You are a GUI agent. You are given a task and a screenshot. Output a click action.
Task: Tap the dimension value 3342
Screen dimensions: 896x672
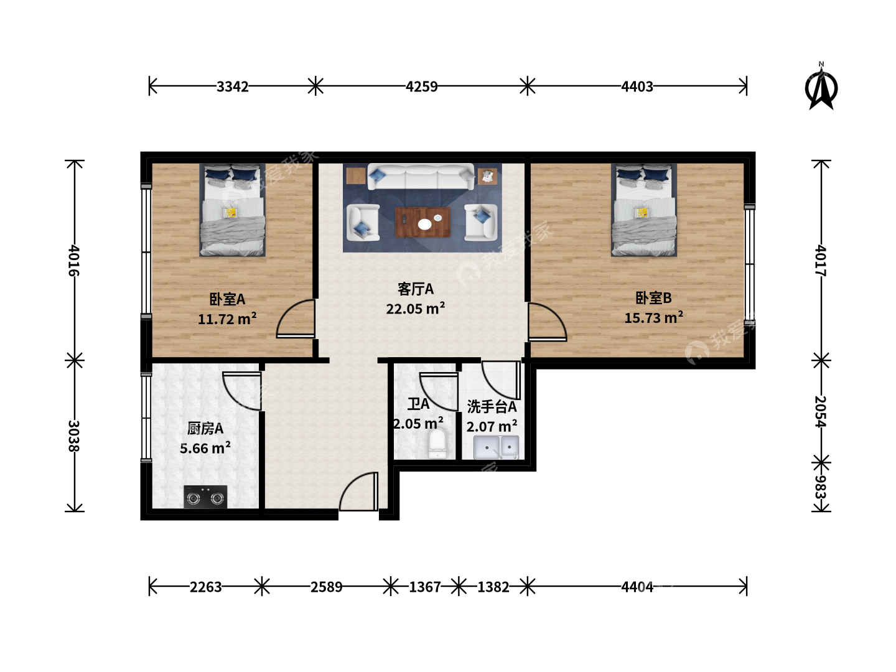click(x=232, y=86)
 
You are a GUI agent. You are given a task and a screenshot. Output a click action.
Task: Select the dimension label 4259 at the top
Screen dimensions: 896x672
click(x=421, y=86)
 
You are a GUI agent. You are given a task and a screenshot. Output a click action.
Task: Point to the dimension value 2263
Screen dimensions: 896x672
click(x=205, y=587)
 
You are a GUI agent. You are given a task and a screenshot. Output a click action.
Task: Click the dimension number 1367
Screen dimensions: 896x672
click(x=424, y=587)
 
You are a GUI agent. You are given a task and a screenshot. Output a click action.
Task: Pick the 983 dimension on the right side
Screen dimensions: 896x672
click(x=820, y=487)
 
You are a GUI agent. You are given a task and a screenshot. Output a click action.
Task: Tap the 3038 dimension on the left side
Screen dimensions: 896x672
click(x=73, y=436)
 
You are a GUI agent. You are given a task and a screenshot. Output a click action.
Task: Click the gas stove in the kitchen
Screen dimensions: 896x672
click(x=205, y=497)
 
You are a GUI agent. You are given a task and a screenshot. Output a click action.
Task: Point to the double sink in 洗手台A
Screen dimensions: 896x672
click(x=496, y=447)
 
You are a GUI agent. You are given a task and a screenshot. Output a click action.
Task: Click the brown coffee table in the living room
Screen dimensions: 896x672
click(x=423, y=222)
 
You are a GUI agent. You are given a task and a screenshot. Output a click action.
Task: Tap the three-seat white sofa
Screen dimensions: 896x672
click(x=421, y=177)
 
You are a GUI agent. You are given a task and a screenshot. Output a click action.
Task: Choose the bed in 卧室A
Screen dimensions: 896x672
click(x=232, y=210)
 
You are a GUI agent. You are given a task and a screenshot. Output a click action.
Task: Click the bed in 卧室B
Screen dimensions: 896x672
click(x=644, y=210)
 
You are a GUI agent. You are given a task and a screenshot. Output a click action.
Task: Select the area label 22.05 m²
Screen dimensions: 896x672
click(x=416, y=309)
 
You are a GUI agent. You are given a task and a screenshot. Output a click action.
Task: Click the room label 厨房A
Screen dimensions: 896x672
click(x=205, y=429)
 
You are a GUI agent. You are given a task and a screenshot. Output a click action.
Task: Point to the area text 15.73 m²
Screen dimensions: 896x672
click(x=653, y=317)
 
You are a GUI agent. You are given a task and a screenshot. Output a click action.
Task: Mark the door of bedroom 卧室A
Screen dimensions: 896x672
click(x=296, y=319)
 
